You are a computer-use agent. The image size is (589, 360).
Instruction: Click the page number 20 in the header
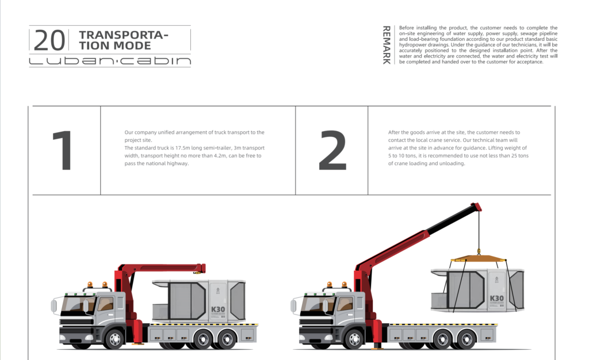click(49, 40)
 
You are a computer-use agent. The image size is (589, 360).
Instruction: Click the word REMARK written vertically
click(386, 45)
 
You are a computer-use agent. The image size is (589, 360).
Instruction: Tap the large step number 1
click(63, 151)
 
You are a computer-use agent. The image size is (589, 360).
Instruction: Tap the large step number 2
click(332, 151)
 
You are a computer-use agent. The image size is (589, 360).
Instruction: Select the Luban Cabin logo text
click(110, 61)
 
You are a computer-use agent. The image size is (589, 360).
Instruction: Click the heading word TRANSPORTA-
click(124, 35)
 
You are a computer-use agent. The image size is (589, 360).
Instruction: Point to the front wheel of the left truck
click(115, 339)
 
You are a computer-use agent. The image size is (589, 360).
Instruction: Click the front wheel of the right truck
click(354, 339)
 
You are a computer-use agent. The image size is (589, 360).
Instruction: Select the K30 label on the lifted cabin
click(496, 298)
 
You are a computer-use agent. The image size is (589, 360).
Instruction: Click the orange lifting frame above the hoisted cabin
click(478, 258)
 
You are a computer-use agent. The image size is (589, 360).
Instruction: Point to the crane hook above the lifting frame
click(479, 251)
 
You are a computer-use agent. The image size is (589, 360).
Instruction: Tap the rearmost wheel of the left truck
click(227, 339)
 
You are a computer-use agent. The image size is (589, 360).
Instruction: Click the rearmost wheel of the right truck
click(467, 339)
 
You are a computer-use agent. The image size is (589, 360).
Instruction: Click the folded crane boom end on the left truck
click(199, 269)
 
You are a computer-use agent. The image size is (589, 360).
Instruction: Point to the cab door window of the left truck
click(106, 304)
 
